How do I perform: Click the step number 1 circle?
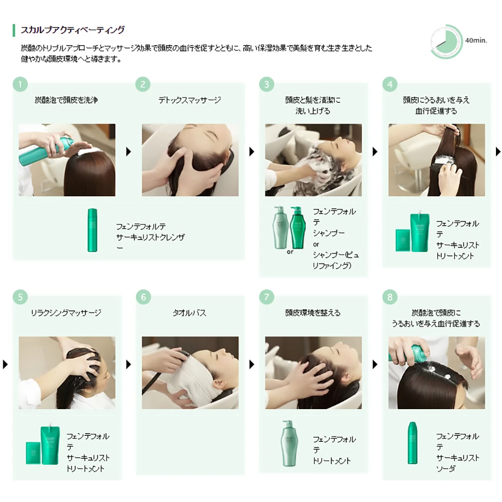point(20,84)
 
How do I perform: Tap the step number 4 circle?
point(390,84)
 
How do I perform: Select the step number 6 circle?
point(144,297)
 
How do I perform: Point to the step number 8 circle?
point(390,297)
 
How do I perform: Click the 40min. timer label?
point(476,41)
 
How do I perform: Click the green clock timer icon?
point(446,41)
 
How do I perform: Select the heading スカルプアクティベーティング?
point(73,30)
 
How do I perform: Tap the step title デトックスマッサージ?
point(190,100)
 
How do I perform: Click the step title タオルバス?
point(190,313)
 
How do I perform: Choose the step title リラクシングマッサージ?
point(66,313)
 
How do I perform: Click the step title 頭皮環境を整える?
point(313,313)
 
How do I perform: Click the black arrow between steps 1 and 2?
point(129,152)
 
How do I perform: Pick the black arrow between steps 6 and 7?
point(252,364)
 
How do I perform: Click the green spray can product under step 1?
point(92,230)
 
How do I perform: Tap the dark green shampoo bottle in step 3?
point(298,227)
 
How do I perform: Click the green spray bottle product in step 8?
point(412,443)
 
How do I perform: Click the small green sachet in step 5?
point(33,453)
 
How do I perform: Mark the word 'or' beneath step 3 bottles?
point(290,252)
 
